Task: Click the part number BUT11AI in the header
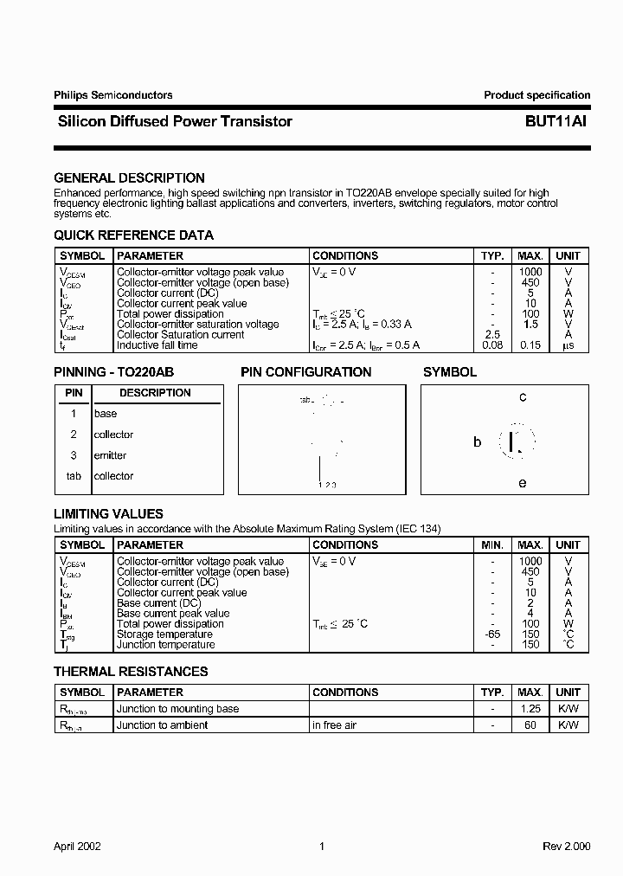555,122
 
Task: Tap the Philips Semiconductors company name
112,95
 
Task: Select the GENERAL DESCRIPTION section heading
129,177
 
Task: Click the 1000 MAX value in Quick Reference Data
530,272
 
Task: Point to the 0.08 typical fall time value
492,345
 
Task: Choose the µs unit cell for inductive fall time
568,345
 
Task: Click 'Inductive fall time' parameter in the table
157,345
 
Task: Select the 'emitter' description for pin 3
110,455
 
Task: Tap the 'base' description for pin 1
106,414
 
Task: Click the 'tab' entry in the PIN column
74,476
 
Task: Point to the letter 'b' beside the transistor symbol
477,442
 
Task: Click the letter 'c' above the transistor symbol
523,397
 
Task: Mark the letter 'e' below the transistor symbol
523,483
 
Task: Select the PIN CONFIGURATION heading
305,372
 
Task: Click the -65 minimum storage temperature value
492,634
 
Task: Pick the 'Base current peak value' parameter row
173,614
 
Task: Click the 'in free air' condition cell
334,725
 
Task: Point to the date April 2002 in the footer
77,846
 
